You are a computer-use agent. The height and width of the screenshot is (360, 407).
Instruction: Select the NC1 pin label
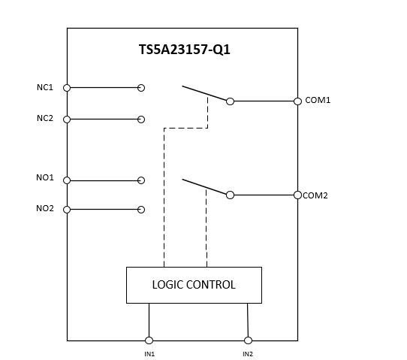tap(45, 88)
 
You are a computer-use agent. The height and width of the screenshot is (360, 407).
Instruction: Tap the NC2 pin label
tap(45, 119)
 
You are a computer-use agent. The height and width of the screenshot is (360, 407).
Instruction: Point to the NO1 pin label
tap(45, 178)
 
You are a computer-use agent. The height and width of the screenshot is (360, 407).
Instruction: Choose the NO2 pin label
tap(45, 208)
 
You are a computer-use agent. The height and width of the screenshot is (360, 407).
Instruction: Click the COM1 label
tap(318, 100)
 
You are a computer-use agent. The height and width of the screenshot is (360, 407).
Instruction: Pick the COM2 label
tap(315, 195)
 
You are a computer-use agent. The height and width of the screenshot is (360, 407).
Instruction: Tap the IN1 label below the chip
tap(149, 353)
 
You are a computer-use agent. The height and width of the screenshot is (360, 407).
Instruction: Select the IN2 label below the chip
tap(248, 353)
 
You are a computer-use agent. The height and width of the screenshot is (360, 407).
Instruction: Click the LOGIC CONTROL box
tap(194, 285)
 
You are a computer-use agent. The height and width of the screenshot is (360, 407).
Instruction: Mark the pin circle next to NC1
tap(67, 88)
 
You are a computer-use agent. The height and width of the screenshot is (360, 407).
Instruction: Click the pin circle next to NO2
tap(67, 209)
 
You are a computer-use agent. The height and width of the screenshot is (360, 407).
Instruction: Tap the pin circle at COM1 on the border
tap(297, 101)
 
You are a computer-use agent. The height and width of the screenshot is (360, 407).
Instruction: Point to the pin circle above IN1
tap(149, 340)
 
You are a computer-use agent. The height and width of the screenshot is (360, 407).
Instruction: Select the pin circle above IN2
tap(248, 340)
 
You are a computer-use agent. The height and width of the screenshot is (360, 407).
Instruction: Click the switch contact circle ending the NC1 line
tap(141, 88)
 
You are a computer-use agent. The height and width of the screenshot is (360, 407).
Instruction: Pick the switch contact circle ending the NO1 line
tap(141, 180)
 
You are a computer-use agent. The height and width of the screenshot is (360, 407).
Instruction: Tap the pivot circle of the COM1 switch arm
tap(230, 101)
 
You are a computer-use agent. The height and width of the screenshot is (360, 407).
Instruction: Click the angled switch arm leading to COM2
tap(204, 186)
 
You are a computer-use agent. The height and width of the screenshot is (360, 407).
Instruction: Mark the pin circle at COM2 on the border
tap(297, 195)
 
